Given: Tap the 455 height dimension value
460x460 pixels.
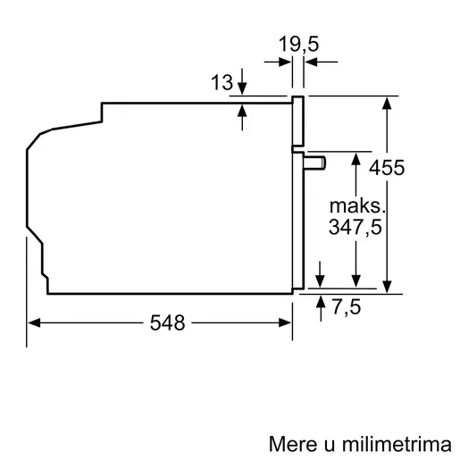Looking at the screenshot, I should (412, 167).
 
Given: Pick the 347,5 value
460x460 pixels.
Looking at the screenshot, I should (355, 228).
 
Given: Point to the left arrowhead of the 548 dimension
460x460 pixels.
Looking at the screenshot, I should (34, 324).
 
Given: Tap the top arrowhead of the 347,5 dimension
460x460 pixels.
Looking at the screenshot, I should (356, 158).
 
